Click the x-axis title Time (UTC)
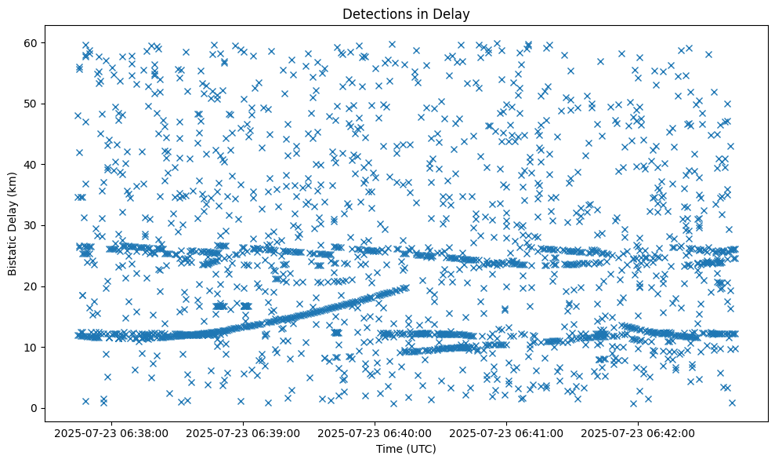[406, 449]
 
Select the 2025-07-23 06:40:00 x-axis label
[375, 432]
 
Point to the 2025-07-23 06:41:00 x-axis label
[506, 432]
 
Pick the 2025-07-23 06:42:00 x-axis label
[639, 432]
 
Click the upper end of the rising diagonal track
[405, 288]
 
